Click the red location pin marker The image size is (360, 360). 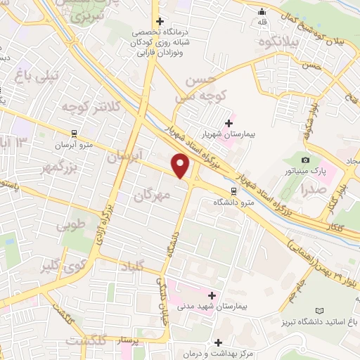(x=181, y=166)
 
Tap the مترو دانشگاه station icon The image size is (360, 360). (x=233, y=191)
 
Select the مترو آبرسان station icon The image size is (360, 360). (x=73, y=132)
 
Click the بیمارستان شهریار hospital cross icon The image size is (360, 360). (x=229, y=123)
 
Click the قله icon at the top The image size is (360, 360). (x=262, y=11)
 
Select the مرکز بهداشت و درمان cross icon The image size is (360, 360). (x=219, y=343)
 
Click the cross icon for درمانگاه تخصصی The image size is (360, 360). (x=160, y=22)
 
